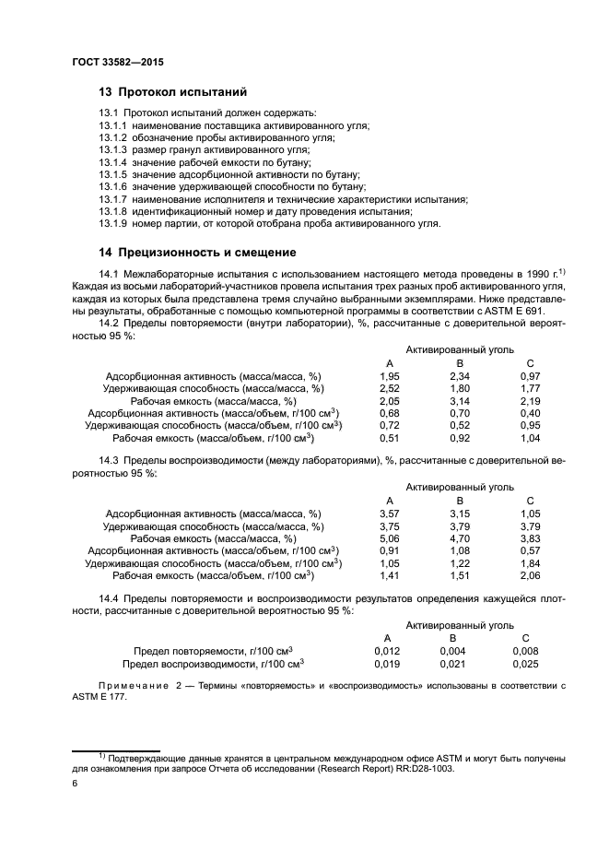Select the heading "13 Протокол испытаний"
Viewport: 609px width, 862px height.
click(172, 92)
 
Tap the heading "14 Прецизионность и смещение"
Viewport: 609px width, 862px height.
click(197, 252)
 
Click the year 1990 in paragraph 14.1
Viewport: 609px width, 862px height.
click(532, 274)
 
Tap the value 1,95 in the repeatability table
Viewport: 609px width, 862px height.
click(389, 376)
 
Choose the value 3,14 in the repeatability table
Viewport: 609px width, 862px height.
click(459, 401)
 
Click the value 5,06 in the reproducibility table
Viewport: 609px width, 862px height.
click(389, 538)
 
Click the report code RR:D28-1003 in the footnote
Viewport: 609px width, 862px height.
click(425, 767)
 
